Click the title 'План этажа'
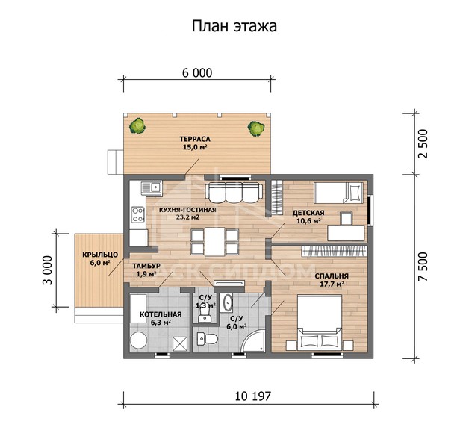[234, 28]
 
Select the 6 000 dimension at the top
[196, 73]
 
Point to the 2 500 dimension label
[423, 140]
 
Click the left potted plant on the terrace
[136, 126]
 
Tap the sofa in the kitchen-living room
[232, 192]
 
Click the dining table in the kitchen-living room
[211, 242]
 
